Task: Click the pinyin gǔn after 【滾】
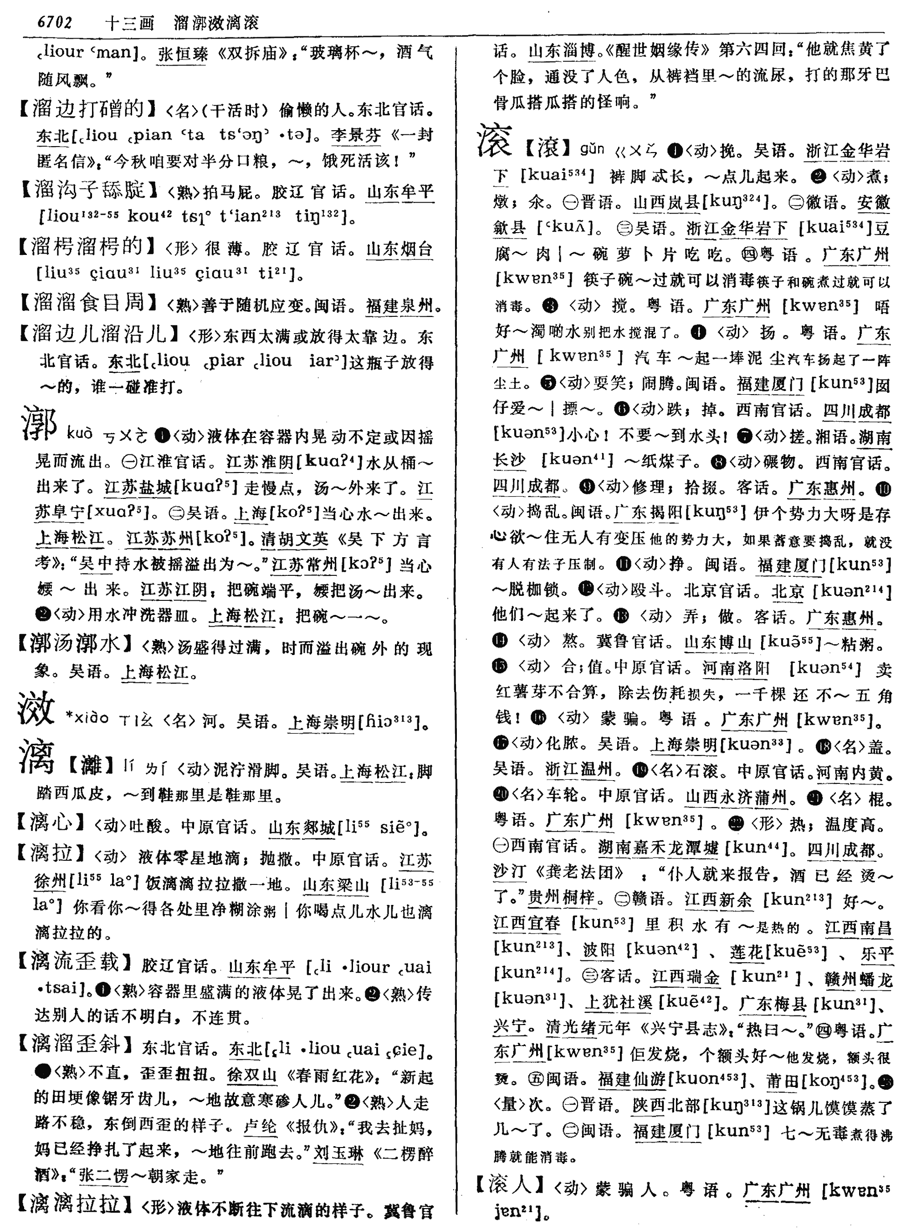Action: click(592, 149)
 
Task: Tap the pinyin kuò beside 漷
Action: click(79, 434)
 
